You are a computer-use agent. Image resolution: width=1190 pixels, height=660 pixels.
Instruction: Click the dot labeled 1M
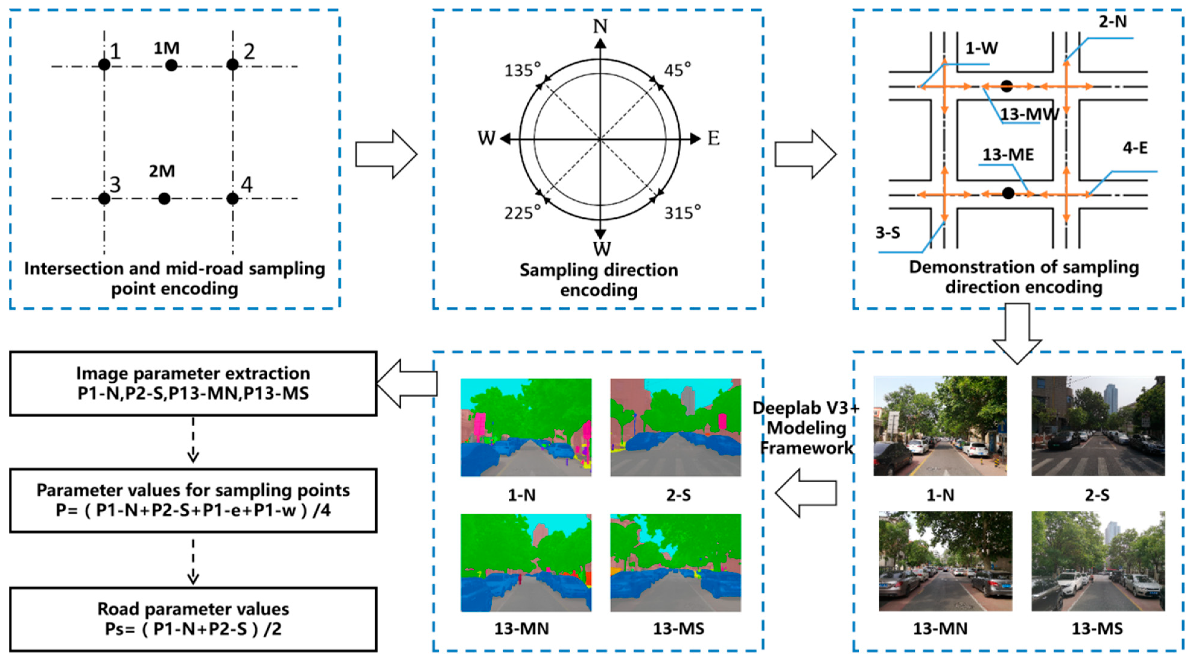point(171,65)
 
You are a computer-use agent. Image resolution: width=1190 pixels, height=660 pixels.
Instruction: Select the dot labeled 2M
point(164,198)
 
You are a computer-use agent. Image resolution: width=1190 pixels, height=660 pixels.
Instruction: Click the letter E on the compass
point(713,138)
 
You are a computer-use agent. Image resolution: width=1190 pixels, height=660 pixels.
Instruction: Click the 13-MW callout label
point(1029,114)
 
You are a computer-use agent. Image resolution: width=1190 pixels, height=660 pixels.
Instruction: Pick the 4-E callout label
point(1135,148)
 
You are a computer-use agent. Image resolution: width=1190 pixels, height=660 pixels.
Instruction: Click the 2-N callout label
point(1112,21)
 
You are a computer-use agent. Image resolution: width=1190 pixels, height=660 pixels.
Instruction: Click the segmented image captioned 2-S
point(675,427)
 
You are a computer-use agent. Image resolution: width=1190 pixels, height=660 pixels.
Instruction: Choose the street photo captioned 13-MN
point(945,561)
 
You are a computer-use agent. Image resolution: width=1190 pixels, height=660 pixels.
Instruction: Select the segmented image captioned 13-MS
point(675,563)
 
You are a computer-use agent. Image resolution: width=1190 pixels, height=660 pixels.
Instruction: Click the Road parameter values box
point(193,619)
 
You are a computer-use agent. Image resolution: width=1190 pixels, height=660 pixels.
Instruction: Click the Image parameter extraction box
point(193,383)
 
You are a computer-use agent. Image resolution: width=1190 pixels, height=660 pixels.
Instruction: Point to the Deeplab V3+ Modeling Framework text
point(806,428)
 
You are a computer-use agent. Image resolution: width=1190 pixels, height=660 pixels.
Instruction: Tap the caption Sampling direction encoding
point(599,280)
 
